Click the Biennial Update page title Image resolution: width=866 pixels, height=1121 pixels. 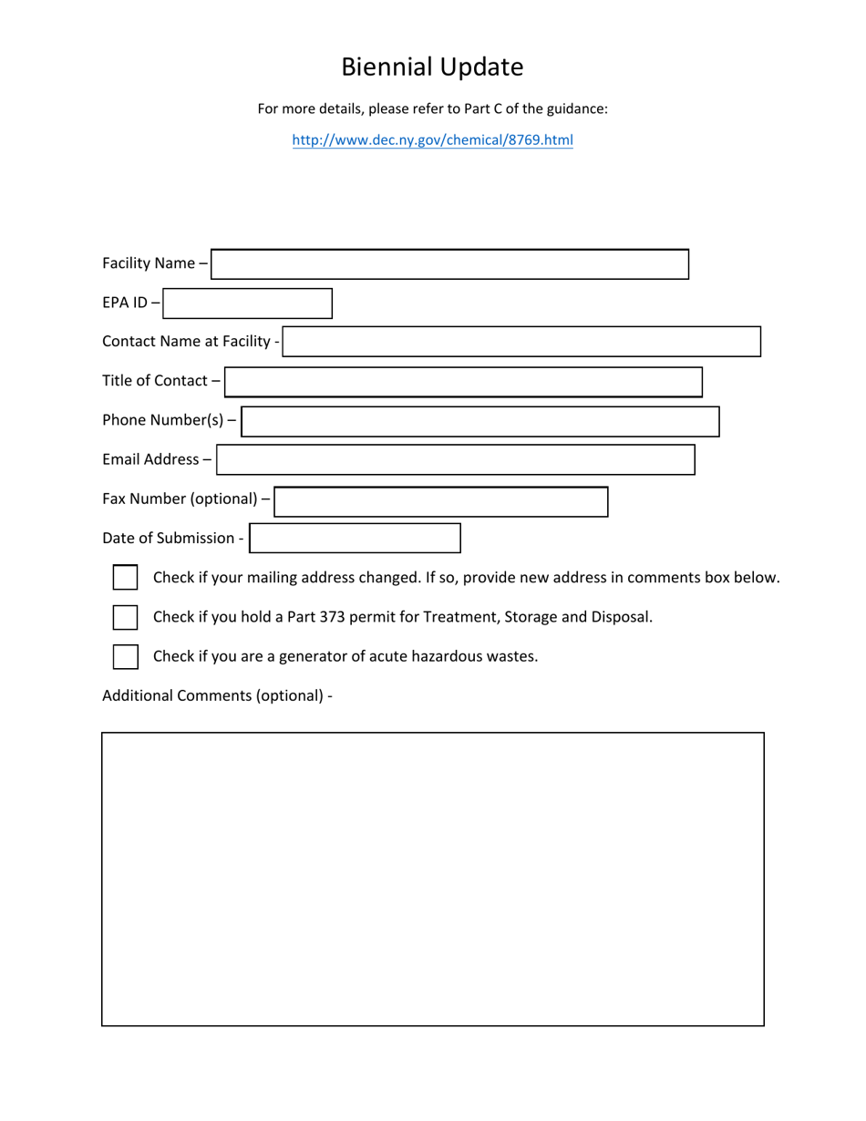[x=432, y=67]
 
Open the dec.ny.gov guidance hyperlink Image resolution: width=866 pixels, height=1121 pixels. [x=432, y=140]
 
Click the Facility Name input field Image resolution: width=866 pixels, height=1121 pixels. [x=450, y=264]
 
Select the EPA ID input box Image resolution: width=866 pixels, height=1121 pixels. [x=248, y=303]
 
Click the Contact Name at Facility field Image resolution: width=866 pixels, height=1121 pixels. [x=521, y=342]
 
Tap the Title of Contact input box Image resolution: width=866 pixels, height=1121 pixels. [x=463, y=382]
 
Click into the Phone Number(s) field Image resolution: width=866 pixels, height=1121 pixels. [x=480, y=421]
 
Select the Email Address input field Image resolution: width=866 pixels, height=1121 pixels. [x=456, y=460]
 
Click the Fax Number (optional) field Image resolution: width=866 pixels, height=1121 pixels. [x=441, y=501]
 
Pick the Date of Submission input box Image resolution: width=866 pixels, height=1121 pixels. [x=356, y=539]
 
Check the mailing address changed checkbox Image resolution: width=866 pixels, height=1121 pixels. [x=125, y=578]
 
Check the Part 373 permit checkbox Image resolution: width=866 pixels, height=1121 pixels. [x=125, y=617]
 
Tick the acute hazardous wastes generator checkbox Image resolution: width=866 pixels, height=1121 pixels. [x=125, y=656]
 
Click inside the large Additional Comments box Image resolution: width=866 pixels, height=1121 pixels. [x=432, y=879]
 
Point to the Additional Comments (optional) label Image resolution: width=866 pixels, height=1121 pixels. [x=217, y=696]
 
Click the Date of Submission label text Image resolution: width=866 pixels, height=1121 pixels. [x=170, y=539]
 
